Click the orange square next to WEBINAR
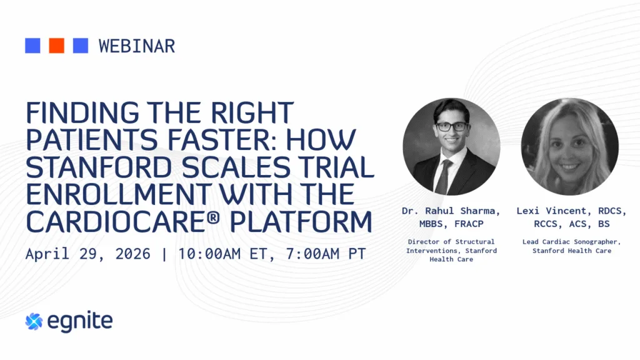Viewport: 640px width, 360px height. (x=56, y=46)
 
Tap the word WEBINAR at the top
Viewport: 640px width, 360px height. (x=137, y=46)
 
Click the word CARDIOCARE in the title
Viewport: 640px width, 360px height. (x=115, y=222)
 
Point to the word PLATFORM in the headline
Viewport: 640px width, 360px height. (x=301, y=222)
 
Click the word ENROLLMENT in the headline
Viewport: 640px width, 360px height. (x=119, y=195)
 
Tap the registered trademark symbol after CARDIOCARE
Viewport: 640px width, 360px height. (x=213, y=217)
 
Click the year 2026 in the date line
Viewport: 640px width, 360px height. (x=132, y=254)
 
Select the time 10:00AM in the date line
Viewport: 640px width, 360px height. (x=209, y=254)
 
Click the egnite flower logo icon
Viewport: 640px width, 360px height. (x=34, y=322)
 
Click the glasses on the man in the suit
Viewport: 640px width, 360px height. (x=451, y=126)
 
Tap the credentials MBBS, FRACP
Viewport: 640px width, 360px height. (x=451, y=224)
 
